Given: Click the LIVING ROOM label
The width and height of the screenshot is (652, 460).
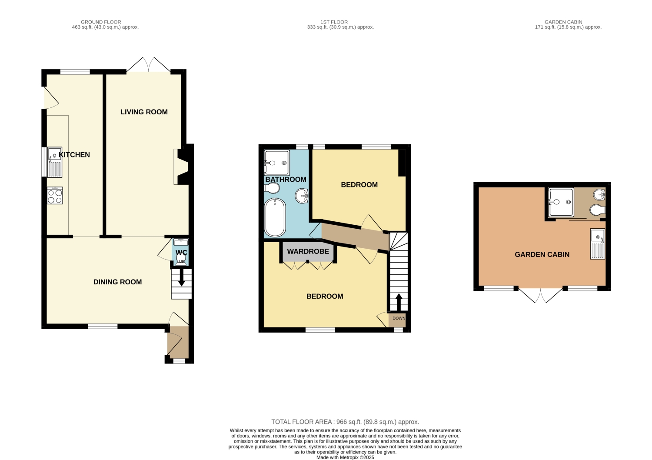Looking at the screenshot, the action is pos(144,112).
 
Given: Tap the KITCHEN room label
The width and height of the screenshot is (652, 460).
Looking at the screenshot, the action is pos(74,155).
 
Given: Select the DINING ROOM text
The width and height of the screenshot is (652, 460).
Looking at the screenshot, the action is pos(118,282).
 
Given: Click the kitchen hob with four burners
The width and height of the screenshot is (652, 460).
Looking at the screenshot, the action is pos(55,196).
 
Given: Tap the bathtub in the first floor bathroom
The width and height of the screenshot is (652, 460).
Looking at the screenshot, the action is pos(275,217).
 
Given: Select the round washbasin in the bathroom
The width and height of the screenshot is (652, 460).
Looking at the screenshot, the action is pos(302,196).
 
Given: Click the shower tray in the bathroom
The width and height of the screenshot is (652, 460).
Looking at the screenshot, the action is pos(277,163).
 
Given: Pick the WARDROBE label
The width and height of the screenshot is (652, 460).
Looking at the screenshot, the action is pos(308,251).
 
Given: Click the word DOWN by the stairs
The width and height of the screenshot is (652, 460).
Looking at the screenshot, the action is pos(399,318).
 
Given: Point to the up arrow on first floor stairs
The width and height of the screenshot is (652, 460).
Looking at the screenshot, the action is pos(398,302).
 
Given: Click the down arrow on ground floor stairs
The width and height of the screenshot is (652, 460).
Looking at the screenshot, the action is pos(181,278).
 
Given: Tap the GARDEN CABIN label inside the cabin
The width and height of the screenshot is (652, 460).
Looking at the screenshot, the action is pos(542,254).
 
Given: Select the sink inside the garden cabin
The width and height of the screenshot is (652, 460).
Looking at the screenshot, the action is pos(598,244).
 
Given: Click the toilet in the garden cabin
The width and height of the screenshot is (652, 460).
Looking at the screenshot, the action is pos(598,210).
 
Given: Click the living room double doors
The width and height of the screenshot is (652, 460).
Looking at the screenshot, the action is pos(149,64).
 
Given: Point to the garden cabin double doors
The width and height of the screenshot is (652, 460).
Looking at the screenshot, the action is pos(541,296).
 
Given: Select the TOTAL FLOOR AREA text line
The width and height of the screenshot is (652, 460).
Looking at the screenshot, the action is pos(345,422).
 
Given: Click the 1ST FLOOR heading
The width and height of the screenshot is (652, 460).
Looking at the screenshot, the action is pos(334,22).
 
